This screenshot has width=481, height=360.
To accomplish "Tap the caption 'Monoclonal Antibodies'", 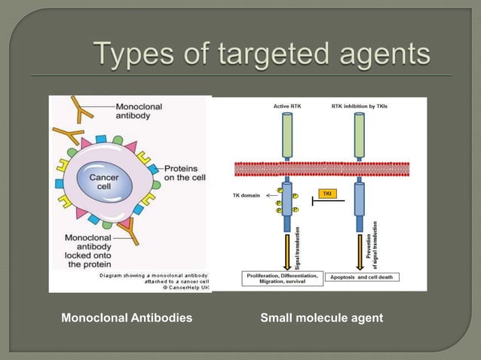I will [127, 319].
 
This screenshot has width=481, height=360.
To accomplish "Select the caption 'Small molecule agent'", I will [321, 319].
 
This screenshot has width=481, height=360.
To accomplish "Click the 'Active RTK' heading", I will [286, 107].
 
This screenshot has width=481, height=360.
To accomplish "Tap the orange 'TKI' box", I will [326, 194].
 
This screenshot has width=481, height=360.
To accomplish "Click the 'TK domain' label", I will [245, 195].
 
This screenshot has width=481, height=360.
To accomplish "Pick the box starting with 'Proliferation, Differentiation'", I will [283, 277].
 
